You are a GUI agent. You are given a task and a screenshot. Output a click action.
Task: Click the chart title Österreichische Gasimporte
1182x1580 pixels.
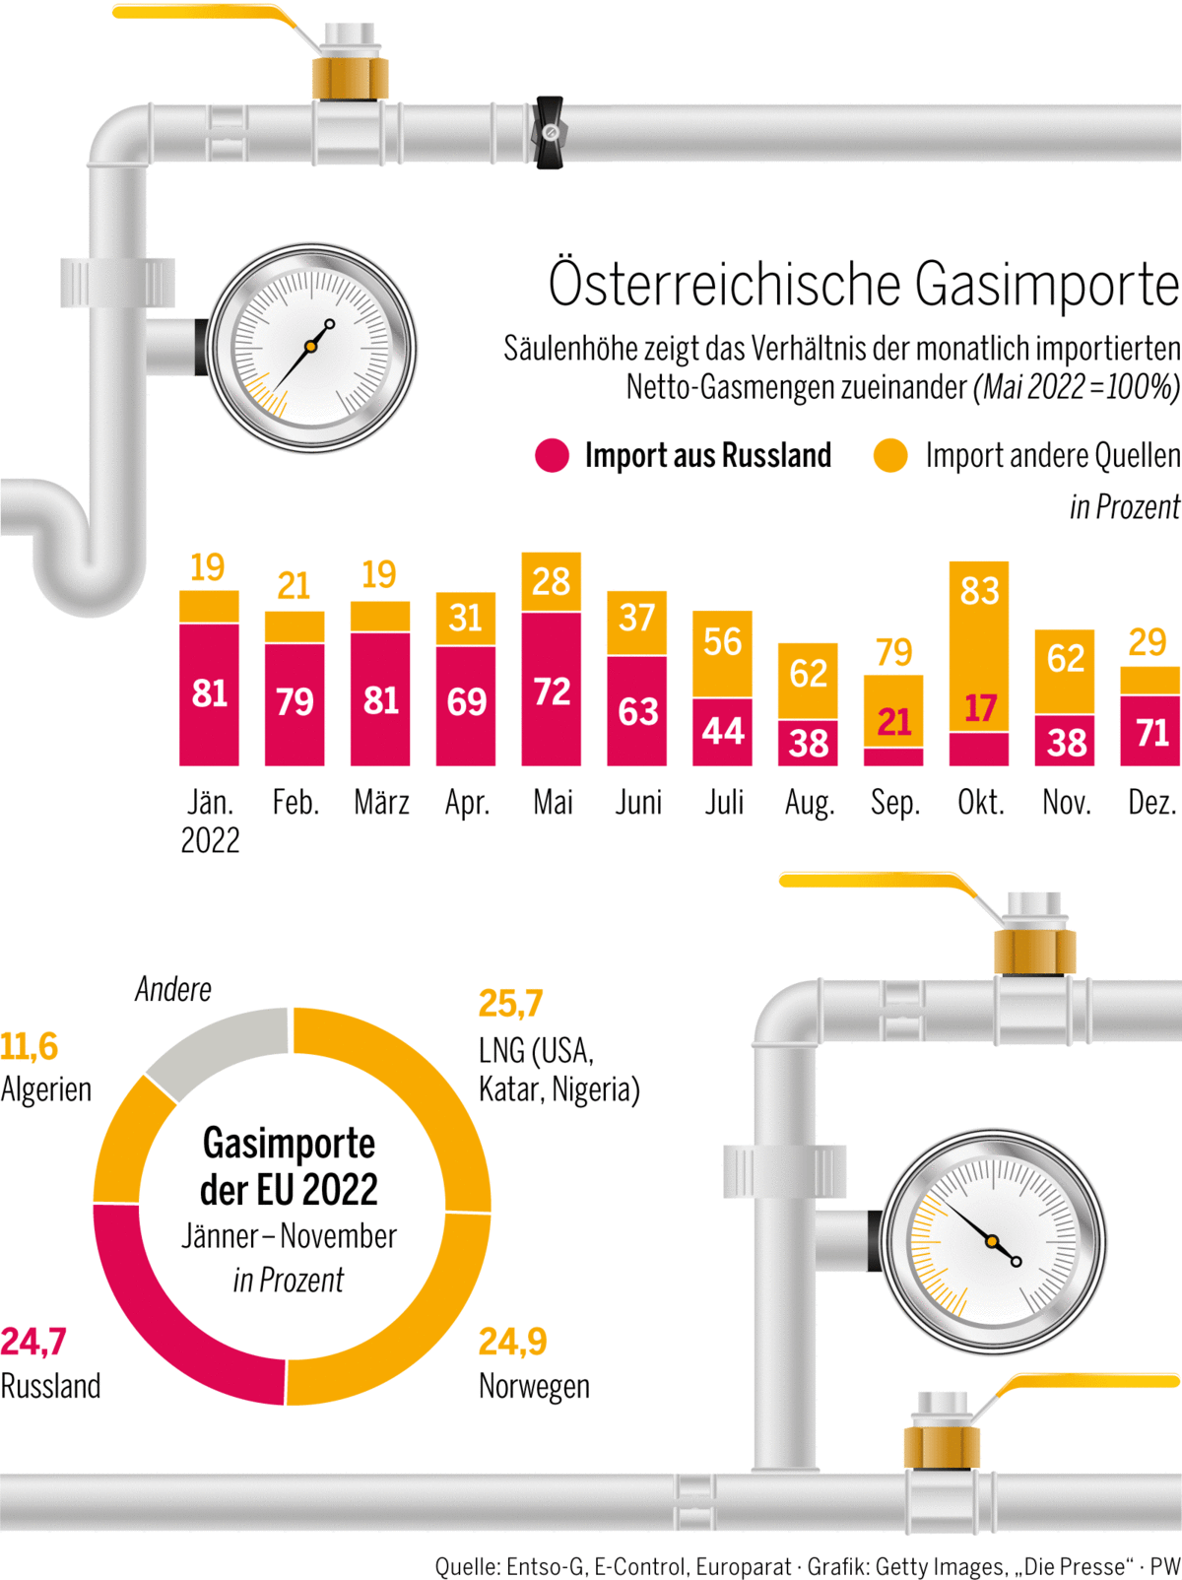click(x=864, y=285)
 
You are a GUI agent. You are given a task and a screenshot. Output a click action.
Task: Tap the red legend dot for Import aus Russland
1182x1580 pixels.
click(x=553, y=455)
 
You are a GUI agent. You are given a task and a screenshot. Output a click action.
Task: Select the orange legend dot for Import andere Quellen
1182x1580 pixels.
click(x=890, y=455)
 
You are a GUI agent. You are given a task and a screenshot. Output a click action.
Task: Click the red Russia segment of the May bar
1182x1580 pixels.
click(x=551, y=690)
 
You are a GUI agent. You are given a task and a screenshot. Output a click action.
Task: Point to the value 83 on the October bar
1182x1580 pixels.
click(x=979, y=591)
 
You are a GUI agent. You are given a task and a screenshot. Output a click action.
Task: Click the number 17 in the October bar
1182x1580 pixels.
click(x=979, y=708)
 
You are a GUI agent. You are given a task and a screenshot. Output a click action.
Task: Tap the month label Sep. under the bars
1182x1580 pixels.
click(x=894, y=803)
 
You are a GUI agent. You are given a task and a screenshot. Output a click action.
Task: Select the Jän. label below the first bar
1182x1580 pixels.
click(x=210, y=803)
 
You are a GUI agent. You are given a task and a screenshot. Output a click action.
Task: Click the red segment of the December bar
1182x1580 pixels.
click(x=1149, y=731)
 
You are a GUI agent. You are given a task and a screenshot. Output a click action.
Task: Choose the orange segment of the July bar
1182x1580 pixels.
click(x=722, y=654)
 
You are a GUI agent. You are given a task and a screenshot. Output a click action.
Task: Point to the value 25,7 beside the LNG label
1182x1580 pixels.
click(x=510, y=1004)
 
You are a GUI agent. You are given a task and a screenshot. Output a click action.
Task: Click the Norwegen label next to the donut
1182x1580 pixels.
click(x=534, y=1386)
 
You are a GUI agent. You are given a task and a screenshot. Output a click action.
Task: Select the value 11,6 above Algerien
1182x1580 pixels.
click(x=30, y=1046)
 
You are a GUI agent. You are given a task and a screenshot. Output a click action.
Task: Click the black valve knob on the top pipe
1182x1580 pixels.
click(x=549, y=132)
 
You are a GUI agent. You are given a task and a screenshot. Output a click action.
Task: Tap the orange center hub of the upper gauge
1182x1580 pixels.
click(x=310, y=347)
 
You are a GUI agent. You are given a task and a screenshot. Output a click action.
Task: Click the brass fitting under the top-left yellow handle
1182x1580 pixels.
click(x=350, y=77)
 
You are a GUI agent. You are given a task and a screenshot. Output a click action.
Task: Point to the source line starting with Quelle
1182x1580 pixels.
click(x=807, y=1565)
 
